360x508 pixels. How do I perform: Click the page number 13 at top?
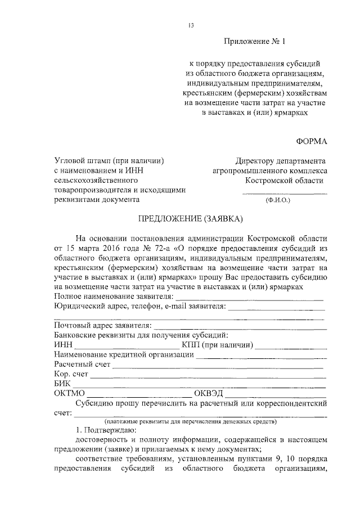(x=191, y=25)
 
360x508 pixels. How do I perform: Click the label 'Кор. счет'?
(x=71, y=374)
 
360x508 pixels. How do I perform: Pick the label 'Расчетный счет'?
(x=82, y=365)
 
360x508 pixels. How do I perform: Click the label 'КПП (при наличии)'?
(x=217, y=345)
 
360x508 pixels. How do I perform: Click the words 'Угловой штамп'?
(x=82, y=161)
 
